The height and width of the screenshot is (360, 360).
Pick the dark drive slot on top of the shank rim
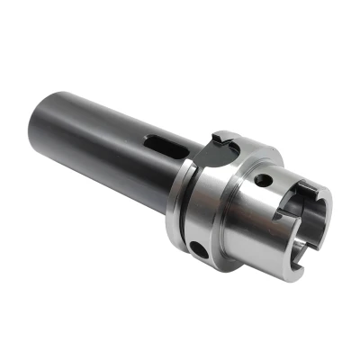pos(306,188)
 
